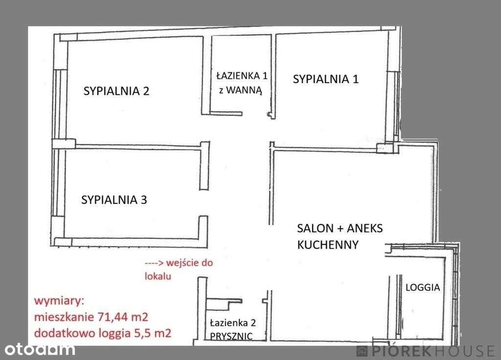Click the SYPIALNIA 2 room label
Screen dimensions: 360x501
116,91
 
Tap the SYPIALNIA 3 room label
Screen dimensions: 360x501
114,200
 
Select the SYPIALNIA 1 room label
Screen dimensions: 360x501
325,79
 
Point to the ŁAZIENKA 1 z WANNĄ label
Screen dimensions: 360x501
241,83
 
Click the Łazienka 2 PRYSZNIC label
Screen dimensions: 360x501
232,330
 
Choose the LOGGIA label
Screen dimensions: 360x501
423,288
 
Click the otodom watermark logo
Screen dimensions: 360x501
40,349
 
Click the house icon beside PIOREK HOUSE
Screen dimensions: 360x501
362,351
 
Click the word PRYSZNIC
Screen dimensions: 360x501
232,337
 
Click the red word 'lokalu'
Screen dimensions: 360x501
158,276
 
